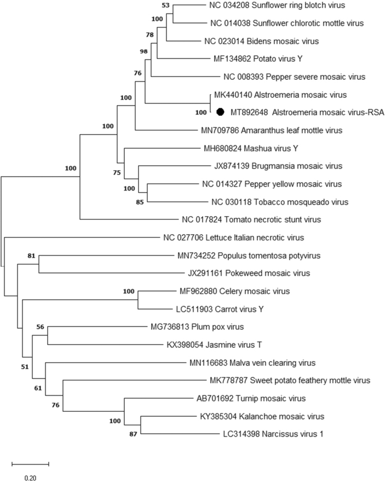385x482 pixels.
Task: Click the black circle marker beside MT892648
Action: [x=221, y=112]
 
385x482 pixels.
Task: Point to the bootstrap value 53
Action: [x=165, y=5]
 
